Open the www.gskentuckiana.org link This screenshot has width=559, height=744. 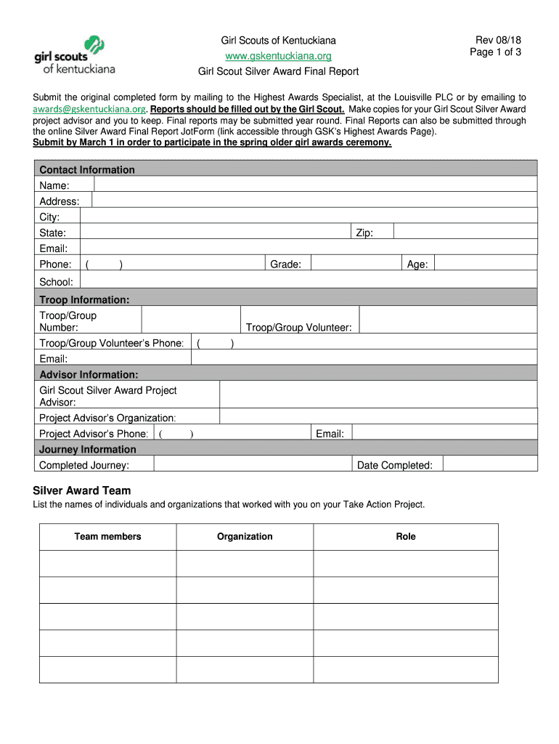[278, 56]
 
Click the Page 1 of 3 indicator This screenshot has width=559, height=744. [495, 52]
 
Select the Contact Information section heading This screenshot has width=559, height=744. [87, 170]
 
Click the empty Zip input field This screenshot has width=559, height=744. [465, 232]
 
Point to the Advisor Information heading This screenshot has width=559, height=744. [89, 375]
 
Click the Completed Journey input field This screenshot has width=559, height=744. [252, 465]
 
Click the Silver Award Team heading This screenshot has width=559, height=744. [82, 490]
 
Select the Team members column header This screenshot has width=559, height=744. [107, 537]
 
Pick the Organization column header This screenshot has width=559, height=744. [245, 537]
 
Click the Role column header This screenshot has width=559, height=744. [406, 537]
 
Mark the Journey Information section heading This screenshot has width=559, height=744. [88, 450]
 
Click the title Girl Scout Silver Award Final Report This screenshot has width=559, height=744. [279, 72]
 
